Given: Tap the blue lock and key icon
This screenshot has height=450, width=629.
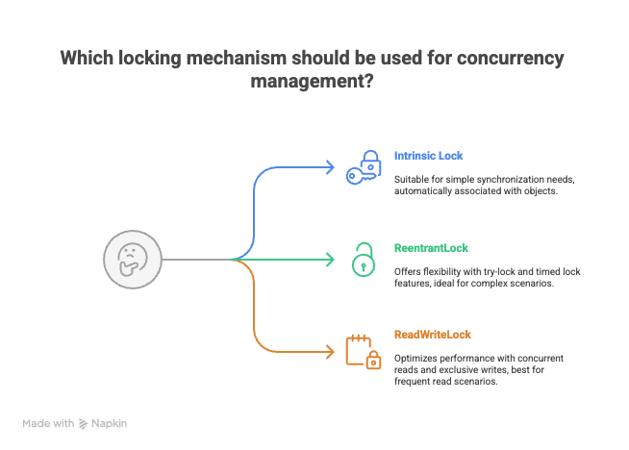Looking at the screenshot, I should click(x=364, y=167).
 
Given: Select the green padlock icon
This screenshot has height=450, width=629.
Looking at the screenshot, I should click(x=363, y=260).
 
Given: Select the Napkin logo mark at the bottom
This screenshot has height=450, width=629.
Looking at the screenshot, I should click(x=84, y=423).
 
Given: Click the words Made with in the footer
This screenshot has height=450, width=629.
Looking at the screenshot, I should click(x=48, y=423).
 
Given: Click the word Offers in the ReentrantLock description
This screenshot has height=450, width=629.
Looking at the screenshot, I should click(x=408, y=270).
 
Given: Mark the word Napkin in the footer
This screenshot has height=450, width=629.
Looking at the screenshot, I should click(x=111, y=423).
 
